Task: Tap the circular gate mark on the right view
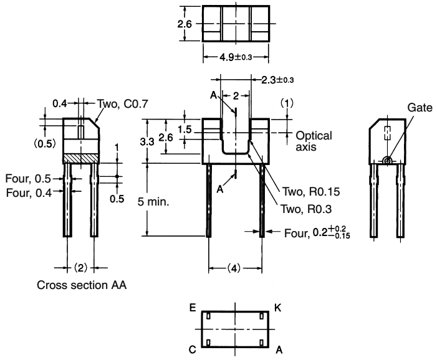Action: click(x=387, y=160)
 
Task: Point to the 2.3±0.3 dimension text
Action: click(x=274, y=80)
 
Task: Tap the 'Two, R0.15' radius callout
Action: click(x=305, y=192)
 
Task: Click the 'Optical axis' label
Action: click(x=314, y=141)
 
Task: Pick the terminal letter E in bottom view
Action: click(x=193, y=307)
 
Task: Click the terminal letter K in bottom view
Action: click(x=277, y=307)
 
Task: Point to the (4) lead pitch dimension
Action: click(x=234, y=269)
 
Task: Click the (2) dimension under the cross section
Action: click(x=80, y=268)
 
